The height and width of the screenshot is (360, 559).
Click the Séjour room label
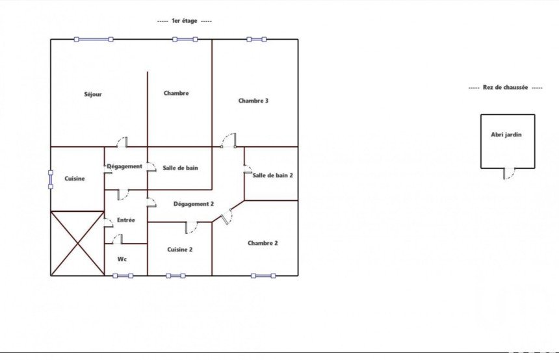click(x=93, y=94)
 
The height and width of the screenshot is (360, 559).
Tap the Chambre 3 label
click(x=253, y=101)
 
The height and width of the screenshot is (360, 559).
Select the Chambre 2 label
click(x=263, y=243)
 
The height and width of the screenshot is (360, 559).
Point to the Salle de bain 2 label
click(x=273, y=175)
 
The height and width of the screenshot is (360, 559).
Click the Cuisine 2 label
click(x=179, y=250)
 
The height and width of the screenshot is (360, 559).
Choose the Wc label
click(x=122, y=259)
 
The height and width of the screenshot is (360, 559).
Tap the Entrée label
click(x=126, y=220)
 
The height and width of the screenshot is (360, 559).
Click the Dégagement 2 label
click(x=194, y=204)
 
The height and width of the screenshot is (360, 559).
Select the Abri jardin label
click(x=506, y=135)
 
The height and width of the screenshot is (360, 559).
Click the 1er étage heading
click(x=185, y=21)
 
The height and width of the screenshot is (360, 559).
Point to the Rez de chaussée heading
click(x=505, y=87)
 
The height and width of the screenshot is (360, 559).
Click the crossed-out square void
click(x=77, y=244)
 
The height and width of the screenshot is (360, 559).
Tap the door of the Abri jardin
click(x=509, y=174)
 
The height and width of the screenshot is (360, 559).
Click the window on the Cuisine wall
click(x=51, y=179)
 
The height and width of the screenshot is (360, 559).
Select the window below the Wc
click(x=123, y=276)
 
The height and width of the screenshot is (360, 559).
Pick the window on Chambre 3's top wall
click(x=257, y=39)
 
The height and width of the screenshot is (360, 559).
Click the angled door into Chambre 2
click(x=226, y=216)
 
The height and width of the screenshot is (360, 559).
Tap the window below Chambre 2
click(x=263, y=276)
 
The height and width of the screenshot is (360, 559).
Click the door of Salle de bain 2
click(x=248, y=170)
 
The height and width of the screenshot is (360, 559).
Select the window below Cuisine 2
click(x=175, y=276)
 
